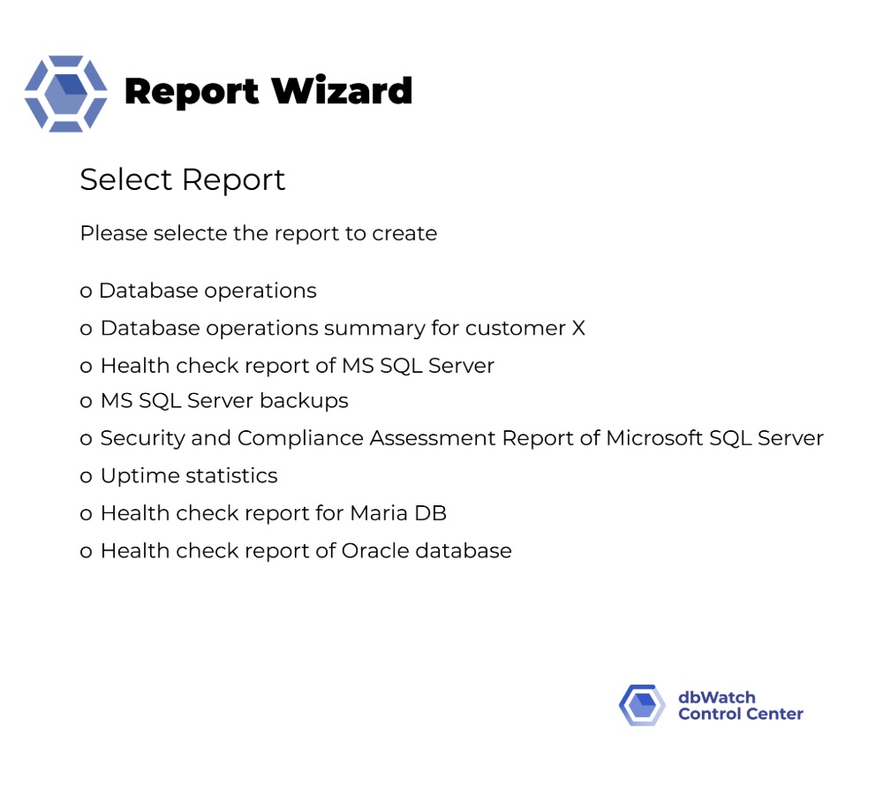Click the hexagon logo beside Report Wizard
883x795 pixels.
click(x=66, y=94)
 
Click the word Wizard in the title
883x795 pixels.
click(x=342, y=90)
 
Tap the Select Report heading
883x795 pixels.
click(x=183, y=180)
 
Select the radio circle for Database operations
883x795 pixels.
click(x=86, y=291)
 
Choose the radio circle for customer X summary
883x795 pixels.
click(x=86, y=329)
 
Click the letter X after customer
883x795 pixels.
click(x=578, y=328)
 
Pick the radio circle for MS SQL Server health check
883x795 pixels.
click(x=86, y=367)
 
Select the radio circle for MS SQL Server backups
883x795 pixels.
click(x=86, y=402)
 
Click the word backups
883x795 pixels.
click(x=304, y=401)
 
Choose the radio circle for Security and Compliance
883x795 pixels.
click(x=86, y=439)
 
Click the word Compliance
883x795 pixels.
click(x=300, y=439)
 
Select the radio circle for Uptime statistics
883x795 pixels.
click(x=86, y=477)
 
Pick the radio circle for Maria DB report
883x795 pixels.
click(x=86, y=514)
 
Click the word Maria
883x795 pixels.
click(x=379, y=513)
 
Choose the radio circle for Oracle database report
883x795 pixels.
click(x=86, y=551)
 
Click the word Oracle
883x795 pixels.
click(x=375, y=550)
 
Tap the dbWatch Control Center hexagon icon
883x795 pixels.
click(x=642, y=705)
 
